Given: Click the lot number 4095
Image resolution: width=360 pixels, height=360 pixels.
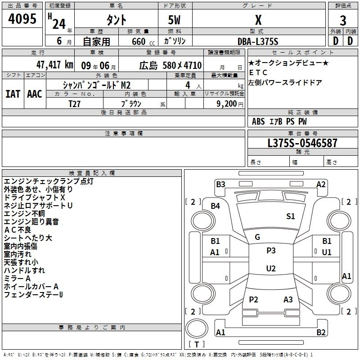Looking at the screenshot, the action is [x=22, y=19].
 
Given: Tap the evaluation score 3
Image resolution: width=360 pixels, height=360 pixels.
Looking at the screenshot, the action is [x=343, y=20].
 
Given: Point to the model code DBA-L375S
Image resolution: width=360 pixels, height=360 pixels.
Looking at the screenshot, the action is [x=258, y=41].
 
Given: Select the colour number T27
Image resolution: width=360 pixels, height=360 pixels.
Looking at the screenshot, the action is [x=75, y=103].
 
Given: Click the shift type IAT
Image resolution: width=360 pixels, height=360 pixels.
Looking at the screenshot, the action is [x=13, y=94].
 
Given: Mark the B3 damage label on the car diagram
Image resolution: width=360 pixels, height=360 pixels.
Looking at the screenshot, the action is [x=220, y=184].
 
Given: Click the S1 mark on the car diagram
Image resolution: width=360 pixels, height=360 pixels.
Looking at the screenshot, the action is [x=291, y=216].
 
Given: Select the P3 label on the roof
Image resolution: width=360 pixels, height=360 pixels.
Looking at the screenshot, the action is [x=271, y=251].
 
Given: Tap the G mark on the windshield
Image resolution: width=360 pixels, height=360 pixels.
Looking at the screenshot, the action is [x=257, y=237].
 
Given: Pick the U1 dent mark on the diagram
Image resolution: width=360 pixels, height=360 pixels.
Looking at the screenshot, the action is [x=327, y=252].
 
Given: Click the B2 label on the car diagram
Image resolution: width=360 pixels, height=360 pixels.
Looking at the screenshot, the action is [x=321, y=333].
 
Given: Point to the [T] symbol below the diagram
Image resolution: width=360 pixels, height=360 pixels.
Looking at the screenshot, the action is [x=197, y=344].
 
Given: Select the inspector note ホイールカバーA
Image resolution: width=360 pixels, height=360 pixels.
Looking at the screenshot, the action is [x=31, y=286].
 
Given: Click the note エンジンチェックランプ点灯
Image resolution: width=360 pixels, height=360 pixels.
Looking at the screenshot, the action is [x=49, y=181].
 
